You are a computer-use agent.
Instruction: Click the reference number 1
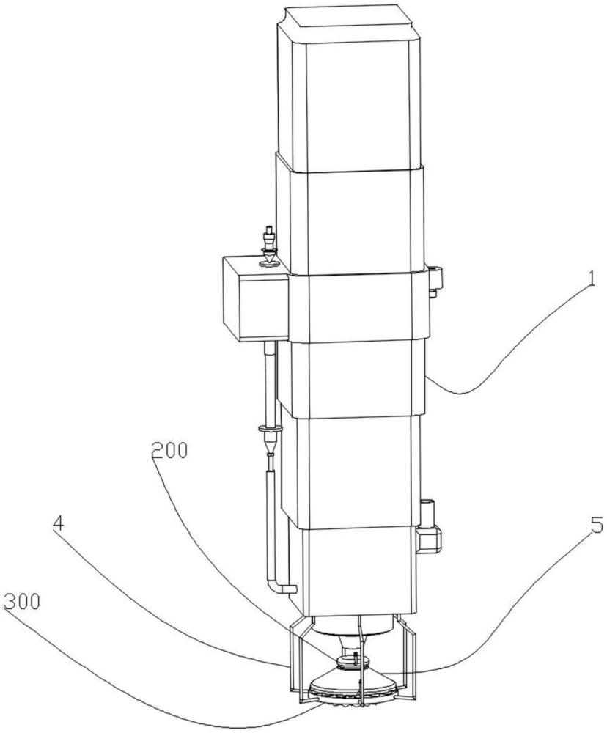(592, 279)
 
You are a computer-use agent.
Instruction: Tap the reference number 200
(169, 450)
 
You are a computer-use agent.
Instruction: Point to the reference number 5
(595, 525)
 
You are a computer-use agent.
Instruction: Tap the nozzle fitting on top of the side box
(269, 246)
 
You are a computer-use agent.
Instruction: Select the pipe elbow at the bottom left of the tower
(282, 586)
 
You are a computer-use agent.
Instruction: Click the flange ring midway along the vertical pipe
(271, 428)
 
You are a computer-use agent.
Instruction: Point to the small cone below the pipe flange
(270, 444)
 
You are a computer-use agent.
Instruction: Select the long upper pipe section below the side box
(270, 383)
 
